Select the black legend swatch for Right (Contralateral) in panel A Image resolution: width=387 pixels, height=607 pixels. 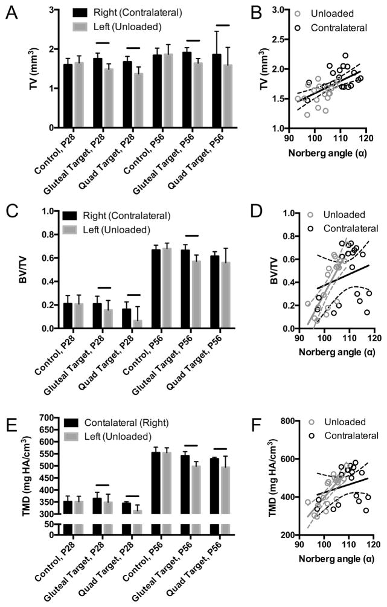[82, 11]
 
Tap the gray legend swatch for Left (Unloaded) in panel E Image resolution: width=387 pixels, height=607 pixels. [82, 434]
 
